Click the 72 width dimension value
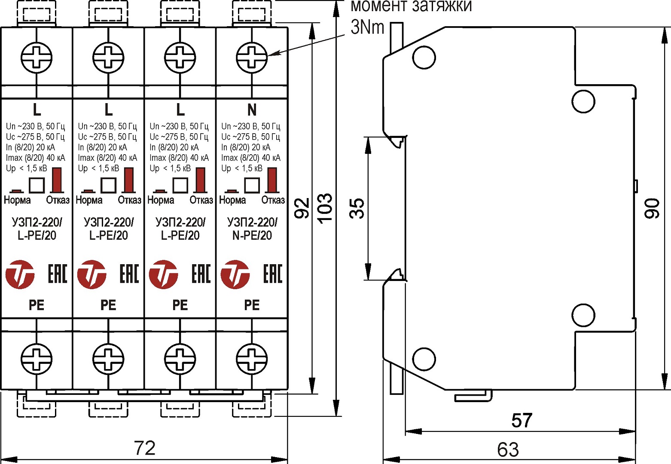[x=144, y=448]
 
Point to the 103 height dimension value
[x=325, y=208]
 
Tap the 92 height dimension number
[x=302, y=208]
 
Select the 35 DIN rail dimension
[x=357, y=208]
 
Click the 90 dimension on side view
[x=652, y=208]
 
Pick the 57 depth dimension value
[x=522, y=420]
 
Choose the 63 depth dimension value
[x=508, y=450]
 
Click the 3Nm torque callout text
[x=367, y=27]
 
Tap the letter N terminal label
[x=252, y=110]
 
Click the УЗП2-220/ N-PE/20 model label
[x=252, y=229]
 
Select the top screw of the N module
[x=252, y=57]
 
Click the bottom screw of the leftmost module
[x=37, y=358]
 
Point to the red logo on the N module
[x=235, y=274]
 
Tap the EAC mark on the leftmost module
[x=58, y=274]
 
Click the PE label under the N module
[x=252, y=305]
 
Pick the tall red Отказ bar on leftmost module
[x=57, y=180]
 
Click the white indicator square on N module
[x=252, y=185]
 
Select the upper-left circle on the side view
[x=424, y=57]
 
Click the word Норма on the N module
[x=232, y=200]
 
